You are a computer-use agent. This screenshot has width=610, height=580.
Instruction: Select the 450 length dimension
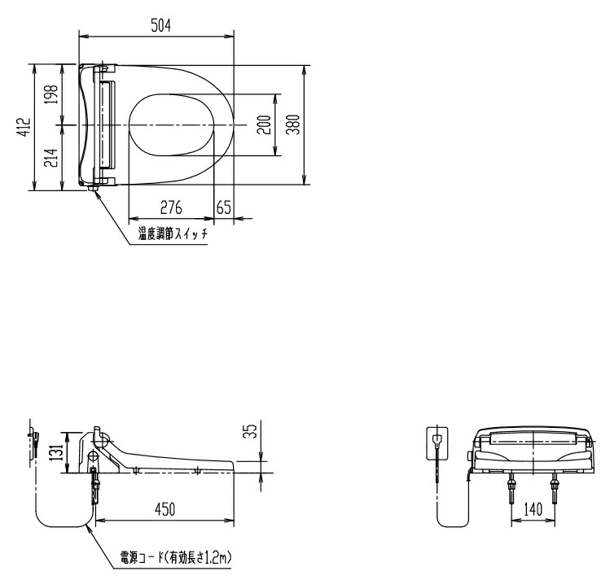click(x=165, y=509)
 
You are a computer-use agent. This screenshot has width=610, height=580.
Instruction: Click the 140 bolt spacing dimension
click(x=533, y=510)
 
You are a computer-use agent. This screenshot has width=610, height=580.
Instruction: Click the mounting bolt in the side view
click(x=95, y=486)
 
